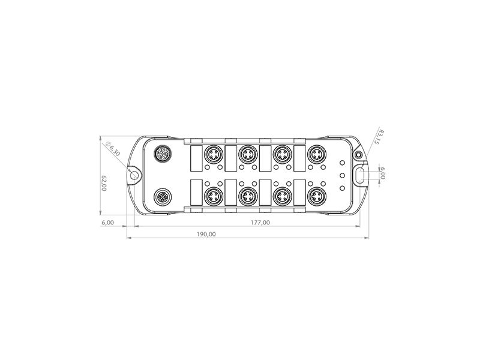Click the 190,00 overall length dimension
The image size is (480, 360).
206,234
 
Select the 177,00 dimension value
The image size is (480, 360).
260,223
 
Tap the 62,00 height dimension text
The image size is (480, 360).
104,183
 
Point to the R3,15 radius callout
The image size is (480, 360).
380,137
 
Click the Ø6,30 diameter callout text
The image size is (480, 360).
113,149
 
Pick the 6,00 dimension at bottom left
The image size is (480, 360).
107,223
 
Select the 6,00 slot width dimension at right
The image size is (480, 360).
383,173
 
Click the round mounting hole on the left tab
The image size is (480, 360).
134,175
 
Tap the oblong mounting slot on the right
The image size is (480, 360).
361,175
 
